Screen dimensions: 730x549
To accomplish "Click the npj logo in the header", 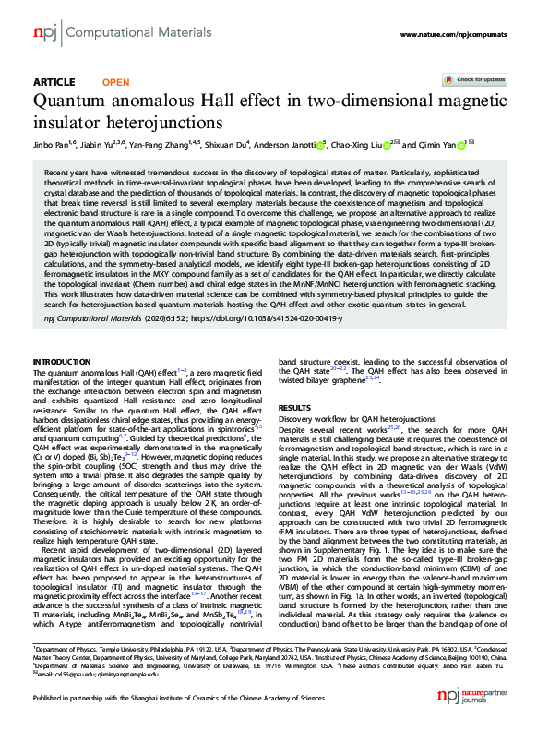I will [x=44, y=32].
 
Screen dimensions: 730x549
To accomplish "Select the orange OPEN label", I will [x=115, y=82].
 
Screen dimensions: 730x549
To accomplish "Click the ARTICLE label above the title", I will [x=54, y=82].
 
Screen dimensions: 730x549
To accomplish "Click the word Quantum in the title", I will [x=71, y=101].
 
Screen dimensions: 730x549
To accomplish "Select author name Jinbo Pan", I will [x=49, y=145].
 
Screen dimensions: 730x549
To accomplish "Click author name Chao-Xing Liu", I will [x=361, y=145].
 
